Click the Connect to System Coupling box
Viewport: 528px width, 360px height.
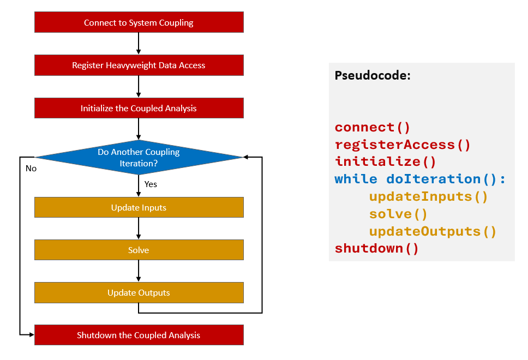click(x=139, y=22)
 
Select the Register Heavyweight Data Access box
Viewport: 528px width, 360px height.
click(x=139, y=65)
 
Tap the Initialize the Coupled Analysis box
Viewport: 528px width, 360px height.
click(x=139, y=108)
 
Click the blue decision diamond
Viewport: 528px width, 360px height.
click(x=139, y=157)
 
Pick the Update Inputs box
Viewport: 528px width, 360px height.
click(x=139, y=207)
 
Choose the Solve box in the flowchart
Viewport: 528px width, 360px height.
click(x=139, y=250)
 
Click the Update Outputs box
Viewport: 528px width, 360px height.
click(x=139, y=292)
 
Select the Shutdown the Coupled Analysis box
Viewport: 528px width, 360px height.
click(x=139, y=335)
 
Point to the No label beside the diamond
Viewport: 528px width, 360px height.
click(x=31, y=169)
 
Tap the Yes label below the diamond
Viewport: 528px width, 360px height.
click(x=151, y=184)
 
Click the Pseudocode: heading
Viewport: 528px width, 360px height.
click(x=373, y=76)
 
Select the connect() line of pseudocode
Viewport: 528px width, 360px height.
click(x=372, y=128)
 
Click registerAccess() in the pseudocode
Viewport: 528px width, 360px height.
click(x=402, y=145)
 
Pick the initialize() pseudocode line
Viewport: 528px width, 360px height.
click(x=385, y=162)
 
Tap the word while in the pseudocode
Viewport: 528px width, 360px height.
click(x=356, y=179)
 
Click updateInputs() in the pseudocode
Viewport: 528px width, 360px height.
click(x=428, y=197)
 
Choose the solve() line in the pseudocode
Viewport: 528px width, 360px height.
click(x=398, y=214)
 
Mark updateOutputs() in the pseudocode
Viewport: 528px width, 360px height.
click(x=433, y=232)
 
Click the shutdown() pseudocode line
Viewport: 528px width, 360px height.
click(x=376, y=249)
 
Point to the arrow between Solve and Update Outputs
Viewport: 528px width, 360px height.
click(x=139, y=271)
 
